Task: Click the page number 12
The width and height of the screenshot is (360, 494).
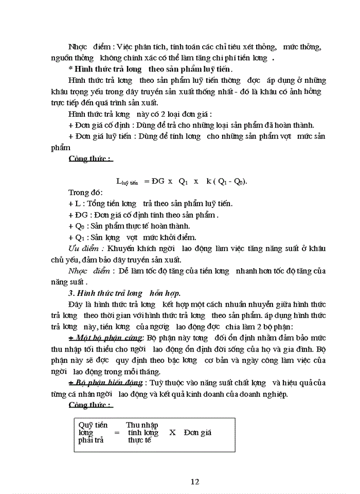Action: click(194, 482)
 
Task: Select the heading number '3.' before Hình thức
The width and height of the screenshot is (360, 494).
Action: click(71, 293)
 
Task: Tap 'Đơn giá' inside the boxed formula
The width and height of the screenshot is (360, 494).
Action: click(197, 433)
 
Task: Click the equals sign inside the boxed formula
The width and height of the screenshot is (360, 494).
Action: click(116, 433)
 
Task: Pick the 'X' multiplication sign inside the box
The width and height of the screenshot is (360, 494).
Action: click(172, 433)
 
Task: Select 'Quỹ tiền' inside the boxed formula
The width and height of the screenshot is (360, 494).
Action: click(93, 425)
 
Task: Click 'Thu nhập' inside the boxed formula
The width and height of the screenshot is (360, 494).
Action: click(141, 425)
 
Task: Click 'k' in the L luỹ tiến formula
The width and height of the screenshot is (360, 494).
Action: click(209, 181)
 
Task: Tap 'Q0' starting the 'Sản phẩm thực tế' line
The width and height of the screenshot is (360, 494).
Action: click(80, 226)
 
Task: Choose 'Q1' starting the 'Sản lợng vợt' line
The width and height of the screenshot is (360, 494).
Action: click(80, 237)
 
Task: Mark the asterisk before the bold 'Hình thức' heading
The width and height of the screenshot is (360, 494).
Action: click(70, 69)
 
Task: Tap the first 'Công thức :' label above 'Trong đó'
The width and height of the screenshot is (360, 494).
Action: click(91, 158)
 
